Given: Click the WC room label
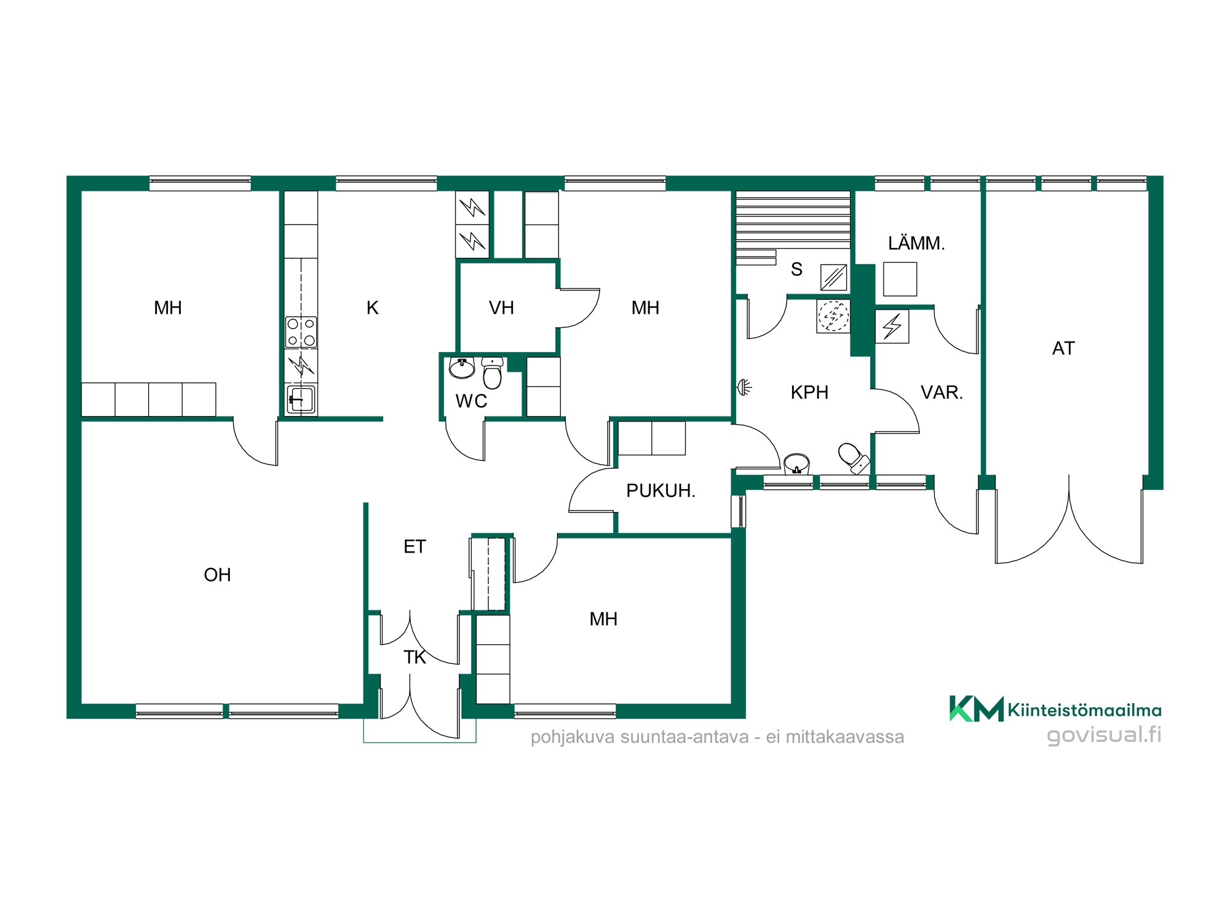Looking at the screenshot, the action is [471, 401].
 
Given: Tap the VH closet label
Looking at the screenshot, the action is [501, 308].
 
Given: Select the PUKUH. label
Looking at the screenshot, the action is [661, 490].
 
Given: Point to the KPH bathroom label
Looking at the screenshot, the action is [809, 392].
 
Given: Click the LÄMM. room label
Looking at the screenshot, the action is [916, 242].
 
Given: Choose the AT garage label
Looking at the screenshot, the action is [1063, 348].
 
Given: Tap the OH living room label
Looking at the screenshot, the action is [217, 575].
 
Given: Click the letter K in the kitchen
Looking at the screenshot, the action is [372, 308].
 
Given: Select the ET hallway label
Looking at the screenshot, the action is [415, 546].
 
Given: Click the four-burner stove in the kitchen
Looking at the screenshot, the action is [301, 332].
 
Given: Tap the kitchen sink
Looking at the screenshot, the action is [301, 399].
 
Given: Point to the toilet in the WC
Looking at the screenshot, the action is [493, 373].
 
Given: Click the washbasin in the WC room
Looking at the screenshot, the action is [462, 367].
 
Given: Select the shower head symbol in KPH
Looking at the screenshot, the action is [744, 388].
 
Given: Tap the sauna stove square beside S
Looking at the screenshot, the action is [834, 277].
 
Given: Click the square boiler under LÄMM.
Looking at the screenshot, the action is [900, 279].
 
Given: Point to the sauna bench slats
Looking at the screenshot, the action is [793, 220].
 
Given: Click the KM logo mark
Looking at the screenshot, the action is [977, 708].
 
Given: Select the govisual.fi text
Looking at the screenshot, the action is [1105, 735].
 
